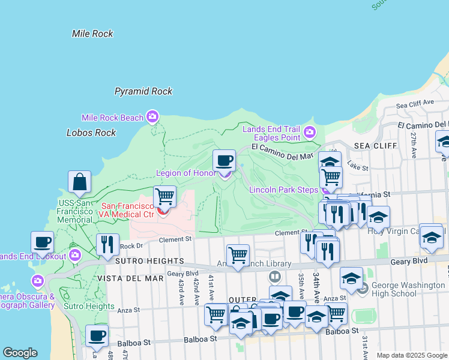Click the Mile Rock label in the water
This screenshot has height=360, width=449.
coord(92,34)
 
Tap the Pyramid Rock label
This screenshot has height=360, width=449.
coord(143,91)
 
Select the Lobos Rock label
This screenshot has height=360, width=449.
coord(91,133)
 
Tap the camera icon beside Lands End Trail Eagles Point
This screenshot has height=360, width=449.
coord(309,132)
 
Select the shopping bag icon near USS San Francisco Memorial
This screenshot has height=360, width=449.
coord(79,181)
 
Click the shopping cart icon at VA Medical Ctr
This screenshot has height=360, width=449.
coord(164,196)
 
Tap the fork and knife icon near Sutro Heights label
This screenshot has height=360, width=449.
coord(107,244)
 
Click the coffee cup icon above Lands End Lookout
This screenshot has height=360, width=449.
coord(42,242)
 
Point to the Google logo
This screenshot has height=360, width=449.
coord(20,353)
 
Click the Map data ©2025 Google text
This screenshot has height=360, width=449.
coord(411,355)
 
